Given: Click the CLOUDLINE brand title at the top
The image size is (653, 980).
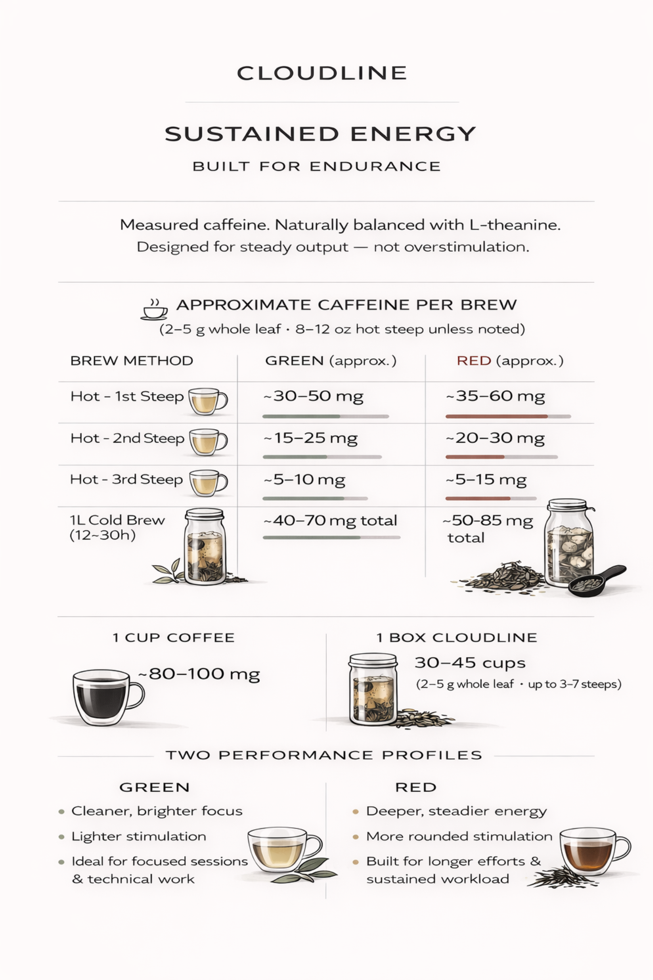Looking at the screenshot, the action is click(322, 73).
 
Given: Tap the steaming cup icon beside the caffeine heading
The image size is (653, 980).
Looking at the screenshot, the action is click(154, 310).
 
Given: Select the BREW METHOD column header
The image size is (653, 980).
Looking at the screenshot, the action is click(132, 360).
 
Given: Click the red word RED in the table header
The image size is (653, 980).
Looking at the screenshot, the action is click(474, 360).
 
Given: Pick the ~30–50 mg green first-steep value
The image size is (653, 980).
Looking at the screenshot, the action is click(313, 396).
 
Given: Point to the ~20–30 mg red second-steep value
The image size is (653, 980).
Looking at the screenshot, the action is click(495, 438).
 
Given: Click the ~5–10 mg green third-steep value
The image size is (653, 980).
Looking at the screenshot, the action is click(304, 479).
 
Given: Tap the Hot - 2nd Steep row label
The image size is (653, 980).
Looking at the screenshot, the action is click(127, 438).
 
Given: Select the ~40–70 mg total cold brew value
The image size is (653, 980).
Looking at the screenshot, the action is click(330, 521).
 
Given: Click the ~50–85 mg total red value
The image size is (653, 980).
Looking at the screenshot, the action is click(488, 529).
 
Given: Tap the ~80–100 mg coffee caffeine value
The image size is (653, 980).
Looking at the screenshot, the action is click(199, 674).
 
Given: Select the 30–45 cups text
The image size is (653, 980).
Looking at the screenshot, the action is click(470, 663).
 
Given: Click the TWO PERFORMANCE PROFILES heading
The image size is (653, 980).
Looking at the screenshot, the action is click(324, 755).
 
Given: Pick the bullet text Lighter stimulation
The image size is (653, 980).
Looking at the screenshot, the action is click(139, 836).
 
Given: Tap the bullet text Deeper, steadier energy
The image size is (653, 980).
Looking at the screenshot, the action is click(456, 811).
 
